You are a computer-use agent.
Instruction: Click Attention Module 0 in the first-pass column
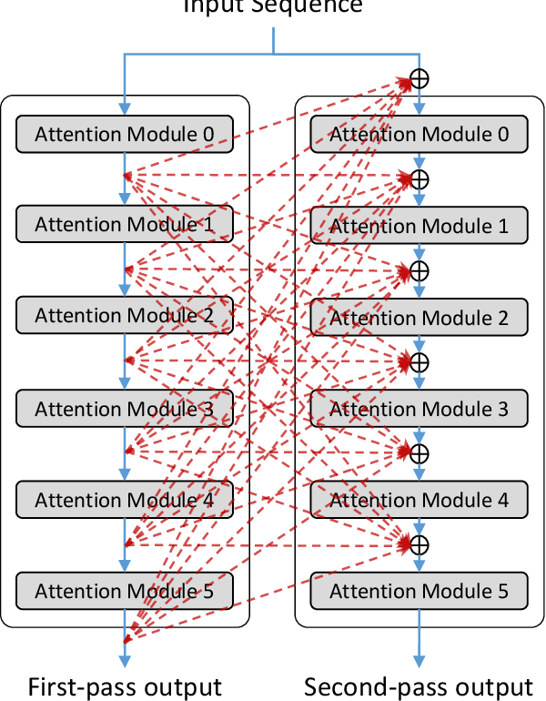pyautogui.click(x=125, y=135)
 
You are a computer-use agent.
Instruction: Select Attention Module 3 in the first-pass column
pyautogui.click(x=125, y=409)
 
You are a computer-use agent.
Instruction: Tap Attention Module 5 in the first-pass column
pyautogui.click(x=125, y=591)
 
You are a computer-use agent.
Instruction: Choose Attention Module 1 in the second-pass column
pyautogui.click(x=419, y=226)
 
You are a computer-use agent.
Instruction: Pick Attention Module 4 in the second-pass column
pyautogui.click(x=419, y=500)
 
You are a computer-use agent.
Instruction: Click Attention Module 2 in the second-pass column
pyautogui.click(x=419, y=318)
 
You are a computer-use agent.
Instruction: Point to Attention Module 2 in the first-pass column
pyautogui.click(x=125, y=316)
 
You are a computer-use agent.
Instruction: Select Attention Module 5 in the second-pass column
pyautogui.click(x=419, y=591)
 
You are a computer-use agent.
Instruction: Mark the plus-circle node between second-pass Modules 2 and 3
pyautogui.click(x=419, y=362)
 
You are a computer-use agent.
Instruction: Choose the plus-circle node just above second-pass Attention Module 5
pyautogui.click(x=419, y=544)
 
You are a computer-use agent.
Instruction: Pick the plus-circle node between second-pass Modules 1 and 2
pyautogui.click(x=419, y=270)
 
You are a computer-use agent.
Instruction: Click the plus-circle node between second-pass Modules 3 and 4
pyautogui.click(x=419, y=452)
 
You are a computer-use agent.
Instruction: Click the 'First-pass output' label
pyautogui.click(x=125, y=686)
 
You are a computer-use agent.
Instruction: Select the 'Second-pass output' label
pyautogui.click(x=419, y=686)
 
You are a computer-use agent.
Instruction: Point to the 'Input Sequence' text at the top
pyautogui.click(x=273, y=7)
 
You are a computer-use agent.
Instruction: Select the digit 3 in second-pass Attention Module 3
pyautogui.click(x=502, y=409)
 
